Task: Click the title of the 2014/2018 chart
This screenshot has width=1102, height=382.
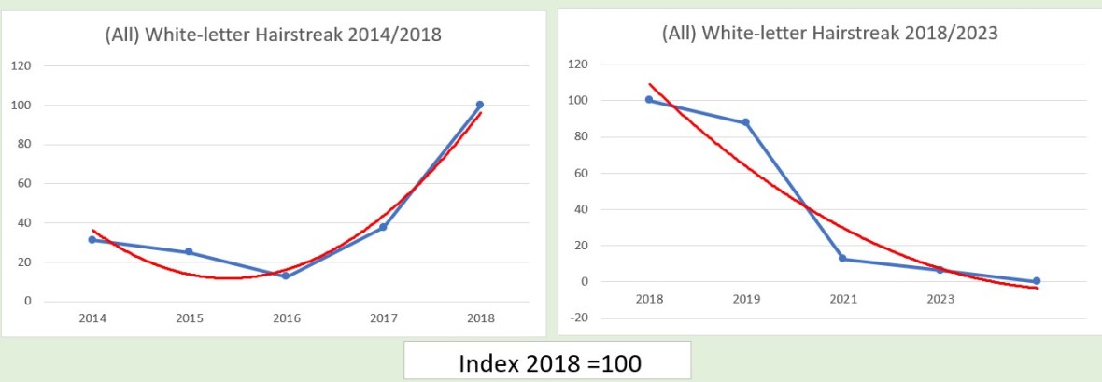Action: pyautogui.click(x=272, y=35)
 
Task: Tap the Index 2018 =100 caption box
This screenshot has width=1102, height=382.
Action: pyautogui.click(x=548, y=361)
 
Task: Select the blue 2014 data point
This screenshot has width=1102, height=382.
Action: pyautogui.click(x=92, y=240)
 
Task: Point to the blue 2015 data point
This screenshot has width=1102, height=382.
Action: pyautogui.click(x=189, y=252)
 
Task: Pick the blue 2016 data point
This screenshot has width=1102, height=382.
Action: pyautogui.click(x=285, y=276)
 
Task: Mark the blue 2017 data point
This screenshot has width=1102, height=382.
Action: pyautogui.click(x=383, y=227)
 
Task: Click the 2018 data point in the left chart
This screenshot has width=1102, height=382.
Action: pyautogui.click(x=479, y=105)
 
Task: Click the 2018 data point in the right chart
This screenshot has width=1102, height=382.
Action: pyautogui.click(x=649, y=100)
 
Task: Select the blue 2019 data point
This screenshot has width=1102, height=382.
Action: pyautogui.click(x=745, y=122)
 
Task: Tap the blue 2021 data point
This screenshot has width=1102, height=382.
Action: pyautogui.click(x=842, y=259)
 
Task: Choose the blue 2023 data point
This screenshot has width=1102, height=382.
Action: pyautogui.click(x=940, y=270)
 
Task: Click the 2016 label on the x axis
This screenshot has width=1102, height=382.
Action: pyautogui.click(x=285, y=319)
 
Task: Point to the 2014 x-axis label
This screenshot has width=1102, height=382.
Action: pyautogui.click(x=92, y=319)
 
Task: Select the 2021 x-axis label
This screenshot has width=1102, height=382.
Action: pyautogui.click(x=842, y=300)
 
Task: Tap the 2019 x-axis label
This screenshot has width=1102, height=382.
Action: pyautogui.click(x=745, y=300)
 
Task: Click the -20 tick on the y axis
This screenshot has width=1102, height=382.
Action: pyautogui.click(x=580, y=318)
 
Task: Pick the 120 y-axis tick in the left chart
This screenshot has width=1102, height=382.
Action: pyautogui.click(x=21, y=65)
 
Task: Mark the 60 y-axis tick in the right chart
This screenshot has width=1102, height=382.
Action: pyautogui.click(x=582, y=173)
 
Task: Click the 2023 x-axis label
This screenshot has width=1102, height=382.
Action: pyautogui.click(x=940, y=300)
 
